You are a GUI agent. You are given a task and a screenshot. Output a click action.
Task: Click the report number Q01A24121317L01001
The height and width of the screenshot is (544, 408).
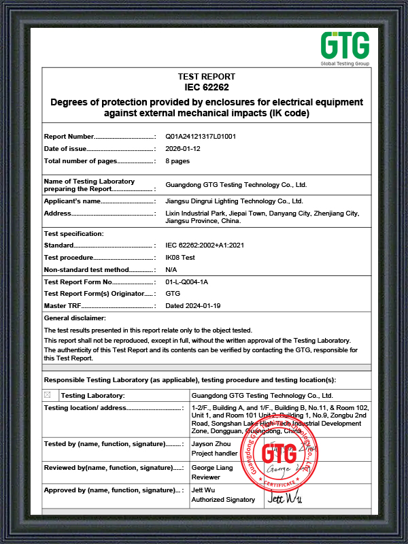click(x=201, y=137)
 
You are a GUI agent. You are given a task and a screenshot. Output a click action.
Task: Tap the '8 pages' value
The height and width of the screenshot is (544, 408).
click(x=177, y=161)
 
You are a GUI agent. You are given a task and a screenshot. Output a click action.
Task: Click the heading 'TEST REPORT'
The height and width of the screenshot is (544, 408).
click(x=206, y=77)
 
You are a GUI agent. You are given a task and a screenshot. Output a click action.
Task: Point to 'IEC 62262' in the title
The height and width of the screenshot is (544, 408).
click(x=206, y=88)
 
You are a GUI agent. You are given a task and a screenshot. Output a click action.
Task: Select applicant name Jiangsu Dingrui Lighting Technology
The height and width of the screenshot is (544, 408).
click(x=234, y=201)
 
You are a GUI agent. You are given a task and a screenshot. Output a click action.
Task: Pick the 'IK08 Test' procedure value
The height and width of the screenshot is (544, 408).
click(x=180, y=258)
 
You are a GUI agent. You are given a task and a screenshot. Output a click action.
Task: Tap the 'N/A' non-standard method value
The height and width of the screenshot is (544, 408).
click(x=171, y=270)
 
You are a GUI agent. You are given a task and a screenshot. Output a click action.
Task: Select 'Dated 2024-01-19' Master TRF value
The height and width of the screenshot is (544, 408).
click(x=193, y=306)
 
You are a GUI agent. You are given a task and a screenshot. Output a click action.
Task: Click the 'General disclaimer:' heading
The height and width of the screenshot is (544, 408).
click(x=75, y=318)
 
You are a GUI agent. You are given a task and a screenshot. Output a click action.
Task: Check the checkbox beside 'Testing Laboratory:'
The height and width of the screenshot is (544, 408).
click(x=47, y=395)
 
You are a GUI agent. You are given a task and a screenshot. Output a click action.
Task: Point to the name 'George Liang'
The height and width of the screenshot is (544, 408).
click(x=212, y=468)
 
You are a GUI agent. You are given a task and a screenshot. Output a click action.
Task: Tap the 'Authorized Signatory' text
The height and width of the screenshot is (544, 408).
click(x=223, y=500)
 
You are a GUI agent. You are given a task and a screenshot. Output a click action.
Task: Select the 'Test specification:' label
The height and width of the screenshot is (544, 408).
click(x=73, y=234)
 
